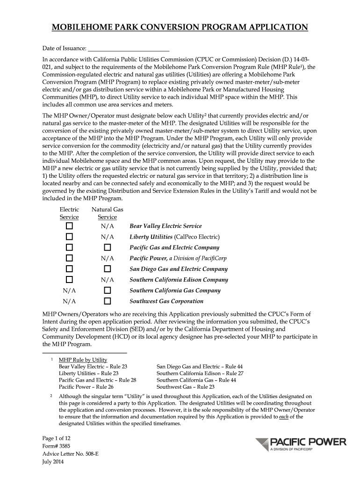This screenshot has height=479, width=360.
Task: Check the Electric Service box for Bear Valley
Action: coord(69,226)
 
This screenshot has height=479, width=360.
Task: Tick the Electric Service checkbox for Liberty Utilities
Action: coord(69,237)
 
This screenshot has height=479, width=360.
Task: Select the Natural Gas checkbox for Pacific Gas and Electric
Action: coord(107,247)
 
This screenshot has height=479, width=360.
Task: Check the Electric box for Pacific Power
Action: coord(69,258)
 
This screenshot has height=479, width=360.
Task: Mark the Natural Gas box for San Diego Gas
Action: coord(107,269)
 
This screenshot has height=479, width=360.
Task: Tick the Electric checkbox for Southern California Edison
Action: coord(69,280)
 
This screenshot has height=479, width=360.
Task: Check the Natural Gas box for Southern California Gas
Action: coord(107,290)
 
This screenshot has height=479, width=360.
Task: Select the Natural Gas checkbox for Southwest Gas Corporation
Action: coord(107,301)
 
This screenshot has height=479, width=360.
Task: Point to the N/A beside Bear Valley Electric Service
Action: coord(107,226)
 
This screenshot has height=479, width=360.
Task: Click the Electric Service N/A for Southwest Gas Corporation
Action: coord(69,301)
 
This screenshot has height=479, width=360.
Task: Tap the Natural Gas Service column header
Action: coord(107,213)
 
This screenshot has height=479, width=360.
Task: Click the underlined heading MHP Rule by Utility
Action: coord(83,360)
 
